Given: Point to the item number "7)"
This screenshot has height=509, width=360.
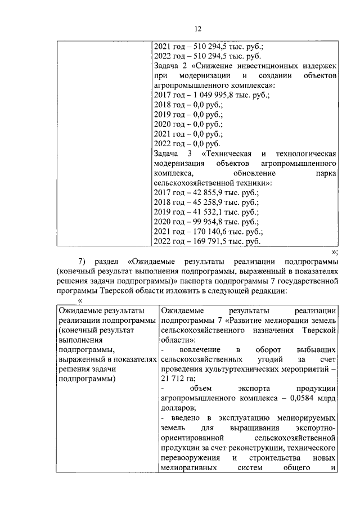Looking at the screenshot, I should point(82,262).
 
